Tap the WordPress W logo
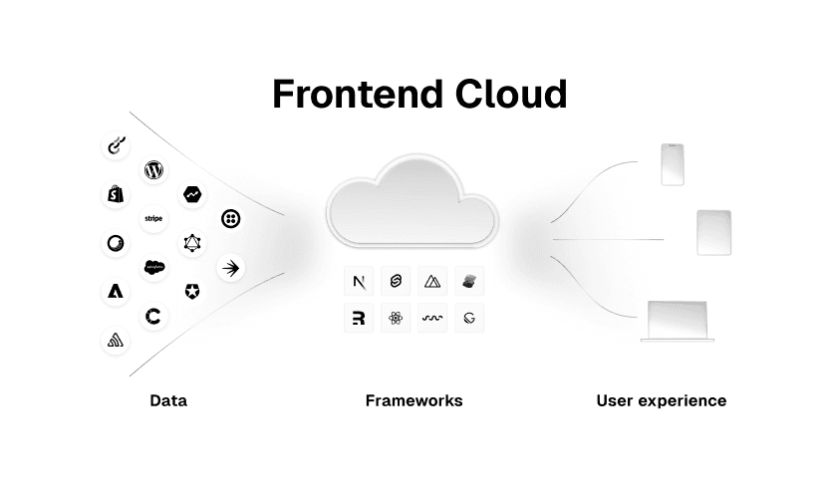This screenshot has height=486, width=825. [153, 170]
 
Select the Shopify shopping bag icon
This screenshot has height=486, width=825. [116, 194]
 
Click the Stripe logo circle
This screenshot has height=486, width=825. [153, 218]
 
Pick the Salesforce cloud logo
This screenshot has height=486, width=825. [153, 266]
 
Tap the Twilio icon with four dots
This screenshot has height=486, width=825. [231, 218]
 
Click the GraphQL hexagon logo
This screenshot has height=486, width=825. [191, 242]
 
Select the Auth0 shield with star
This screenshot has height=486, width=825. [191, 291]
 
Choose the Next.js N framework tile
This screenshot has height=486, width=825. [359, 282]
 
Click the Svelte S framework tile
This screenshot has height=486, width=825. [396, 282]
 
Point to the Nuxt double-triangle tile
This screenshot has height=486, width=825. [432, 282]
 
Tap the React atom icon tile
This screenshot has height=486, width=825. [396, 319]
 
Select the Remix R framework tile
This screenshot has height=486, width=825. [359, 319]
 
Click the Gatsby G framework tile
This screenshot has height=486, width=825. [469, 319]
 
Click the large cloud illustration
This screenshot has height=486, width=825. [412, 203]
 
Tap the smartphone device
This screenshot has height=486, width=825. [674, 164]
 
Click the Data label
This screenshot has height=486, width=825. [168, 401]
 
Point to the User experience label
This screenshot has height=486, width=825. [661, 401]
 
